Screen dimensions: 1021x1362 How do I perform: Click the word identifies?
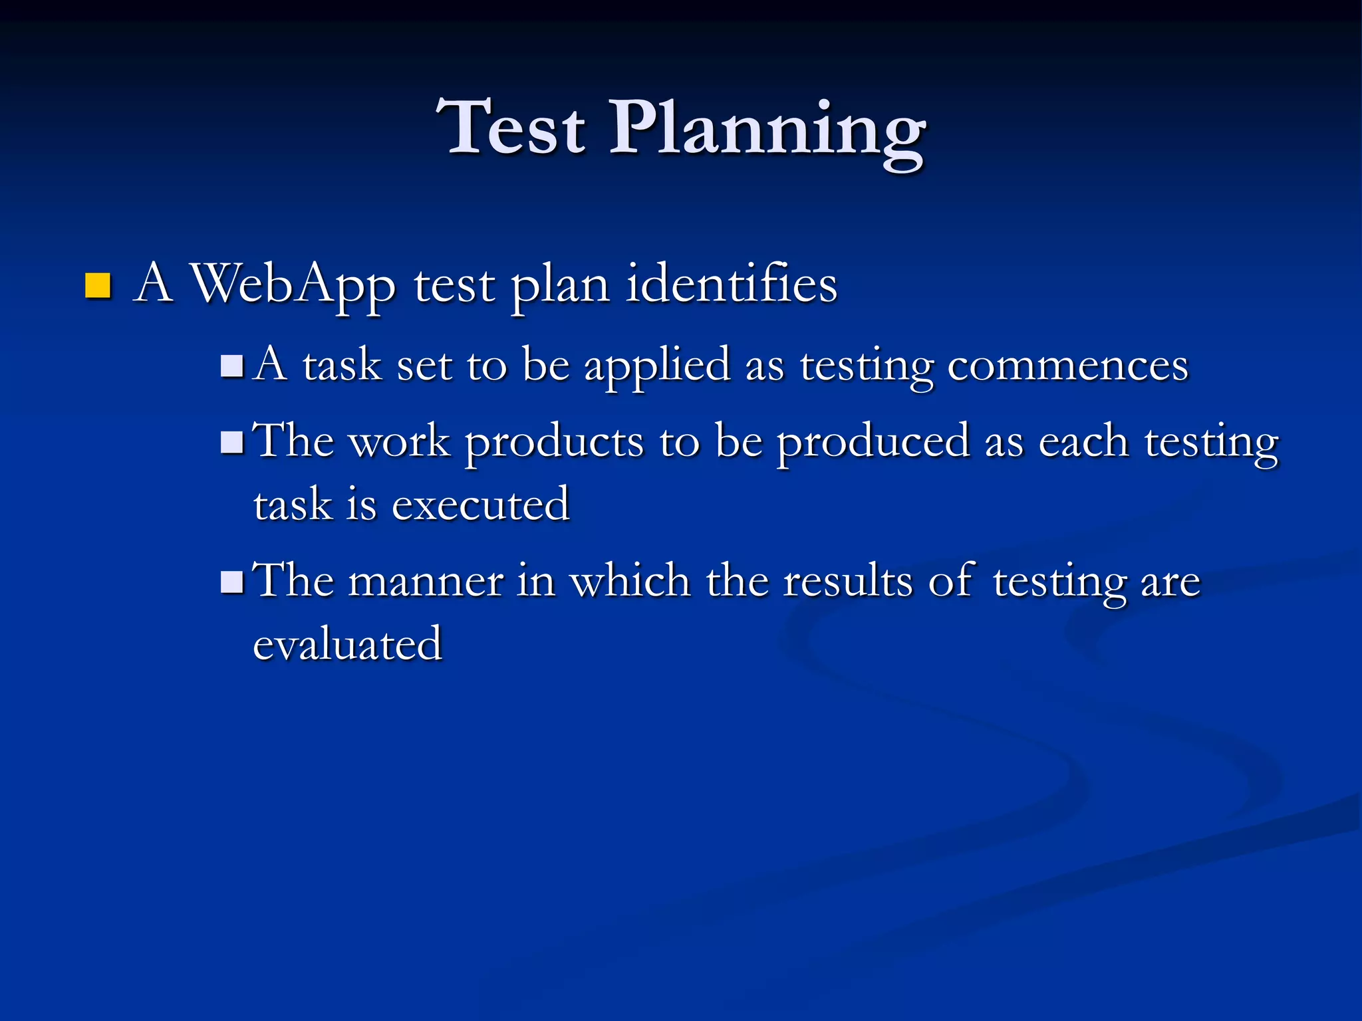click(x=732, y=284)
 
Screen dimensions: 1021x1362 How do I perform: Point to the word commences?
click(x=1067, y=366)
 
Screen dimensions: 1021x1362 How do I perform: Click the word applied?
click(x=657, y=366)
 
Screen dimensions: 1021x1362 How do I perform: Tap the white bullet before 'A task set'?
click(x=232, y=366)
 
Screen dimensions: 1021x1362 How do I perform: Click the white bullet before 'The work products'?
click(x=232, y=442)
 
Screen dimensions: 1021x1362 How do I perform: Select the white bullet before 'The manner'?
click(x=232, y=582)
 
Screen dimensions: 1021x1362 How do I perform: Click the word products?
click(x=554, y=443)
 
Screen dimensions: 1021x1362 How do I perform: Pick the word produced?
click(x=873, y=443)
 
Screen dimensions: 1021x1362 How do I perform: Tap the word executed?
click(x=480, y=505)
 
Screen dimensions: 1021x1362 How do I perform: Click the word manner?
click(x=426, y=582)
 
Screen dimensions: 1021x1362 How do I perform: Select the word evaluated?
click(x=347, y=644)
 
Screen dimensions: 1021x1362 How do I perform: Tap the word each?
click(x=1083, y=442)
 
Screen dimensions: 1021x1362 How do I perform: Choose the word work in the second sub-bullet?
click(x=399, y=442)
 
